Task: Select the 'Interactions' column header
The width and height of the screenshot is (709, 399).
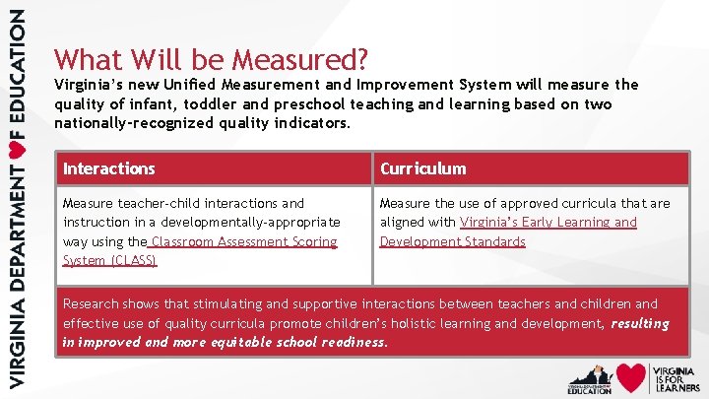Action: coord(109,168)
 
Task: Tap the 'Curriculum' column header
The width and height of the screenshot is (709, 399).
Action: coord(423,168)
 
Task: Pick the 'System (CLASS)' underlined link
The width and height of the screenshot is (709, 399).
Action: coord(109,260)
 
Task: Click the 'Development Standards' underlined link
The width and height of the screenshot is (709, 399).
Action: coord(453,241)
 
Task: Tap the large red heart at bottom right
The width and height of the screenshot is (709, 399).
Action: coord(631,377)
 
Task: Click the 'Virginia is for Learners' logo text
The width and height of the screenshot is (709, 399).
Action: coord(676,377)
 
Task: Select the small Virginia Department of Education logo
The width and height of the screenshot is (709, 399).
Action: coord(589,377)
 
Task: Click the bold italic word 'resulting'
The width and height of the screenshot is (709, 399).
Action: coord(639,323)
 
